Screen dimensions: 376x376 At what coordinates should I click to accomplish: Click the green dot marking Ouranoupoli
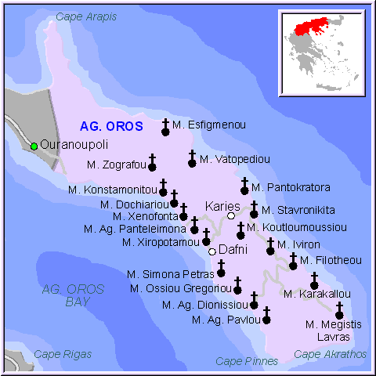click(34, 146)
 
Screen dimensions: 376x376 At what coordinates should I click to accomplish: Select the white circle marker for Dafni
click(212, 251)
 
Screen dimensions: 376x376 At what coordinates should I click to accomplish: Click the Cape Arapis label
click(87, 16)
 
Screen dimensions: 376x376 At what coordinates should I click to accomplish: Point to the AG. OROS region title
click(111, 126)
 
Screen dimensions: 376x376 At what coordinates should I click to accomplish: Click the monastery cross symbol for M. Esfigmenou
click(165, 128)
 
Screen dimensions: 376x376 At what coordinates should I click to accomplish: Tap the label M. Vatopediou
click(234, 159)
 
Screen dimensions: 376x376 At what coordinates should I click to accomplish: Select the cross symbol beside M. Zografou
click(153, 163)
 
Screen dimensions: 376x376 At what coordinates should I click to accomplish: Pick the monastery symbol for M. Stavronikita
click(254, 210)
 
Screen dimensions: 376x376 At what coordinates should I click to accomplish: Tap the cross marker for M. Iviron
click(270, 247)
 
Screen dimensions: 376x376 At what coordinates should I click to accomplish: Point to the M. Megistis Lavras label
click(327, 330)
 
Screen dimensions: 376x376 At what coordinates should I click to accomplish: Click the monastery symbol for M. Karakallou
click(314, 281)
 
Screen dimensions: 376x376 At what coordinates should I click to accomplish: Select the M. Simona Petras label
click(170, 274)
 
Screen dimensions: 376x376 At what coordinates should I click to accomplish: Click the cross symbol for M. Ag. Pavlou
click(266, 316)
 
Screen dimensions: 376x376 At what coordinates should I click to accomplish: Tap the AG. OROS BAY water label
click(73, 295)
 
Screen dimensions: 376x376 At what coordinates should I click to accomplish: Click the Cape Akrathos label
click(330, 355)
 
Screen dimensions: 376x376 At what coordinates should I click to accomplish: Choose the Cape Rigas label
click(65, 355)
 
